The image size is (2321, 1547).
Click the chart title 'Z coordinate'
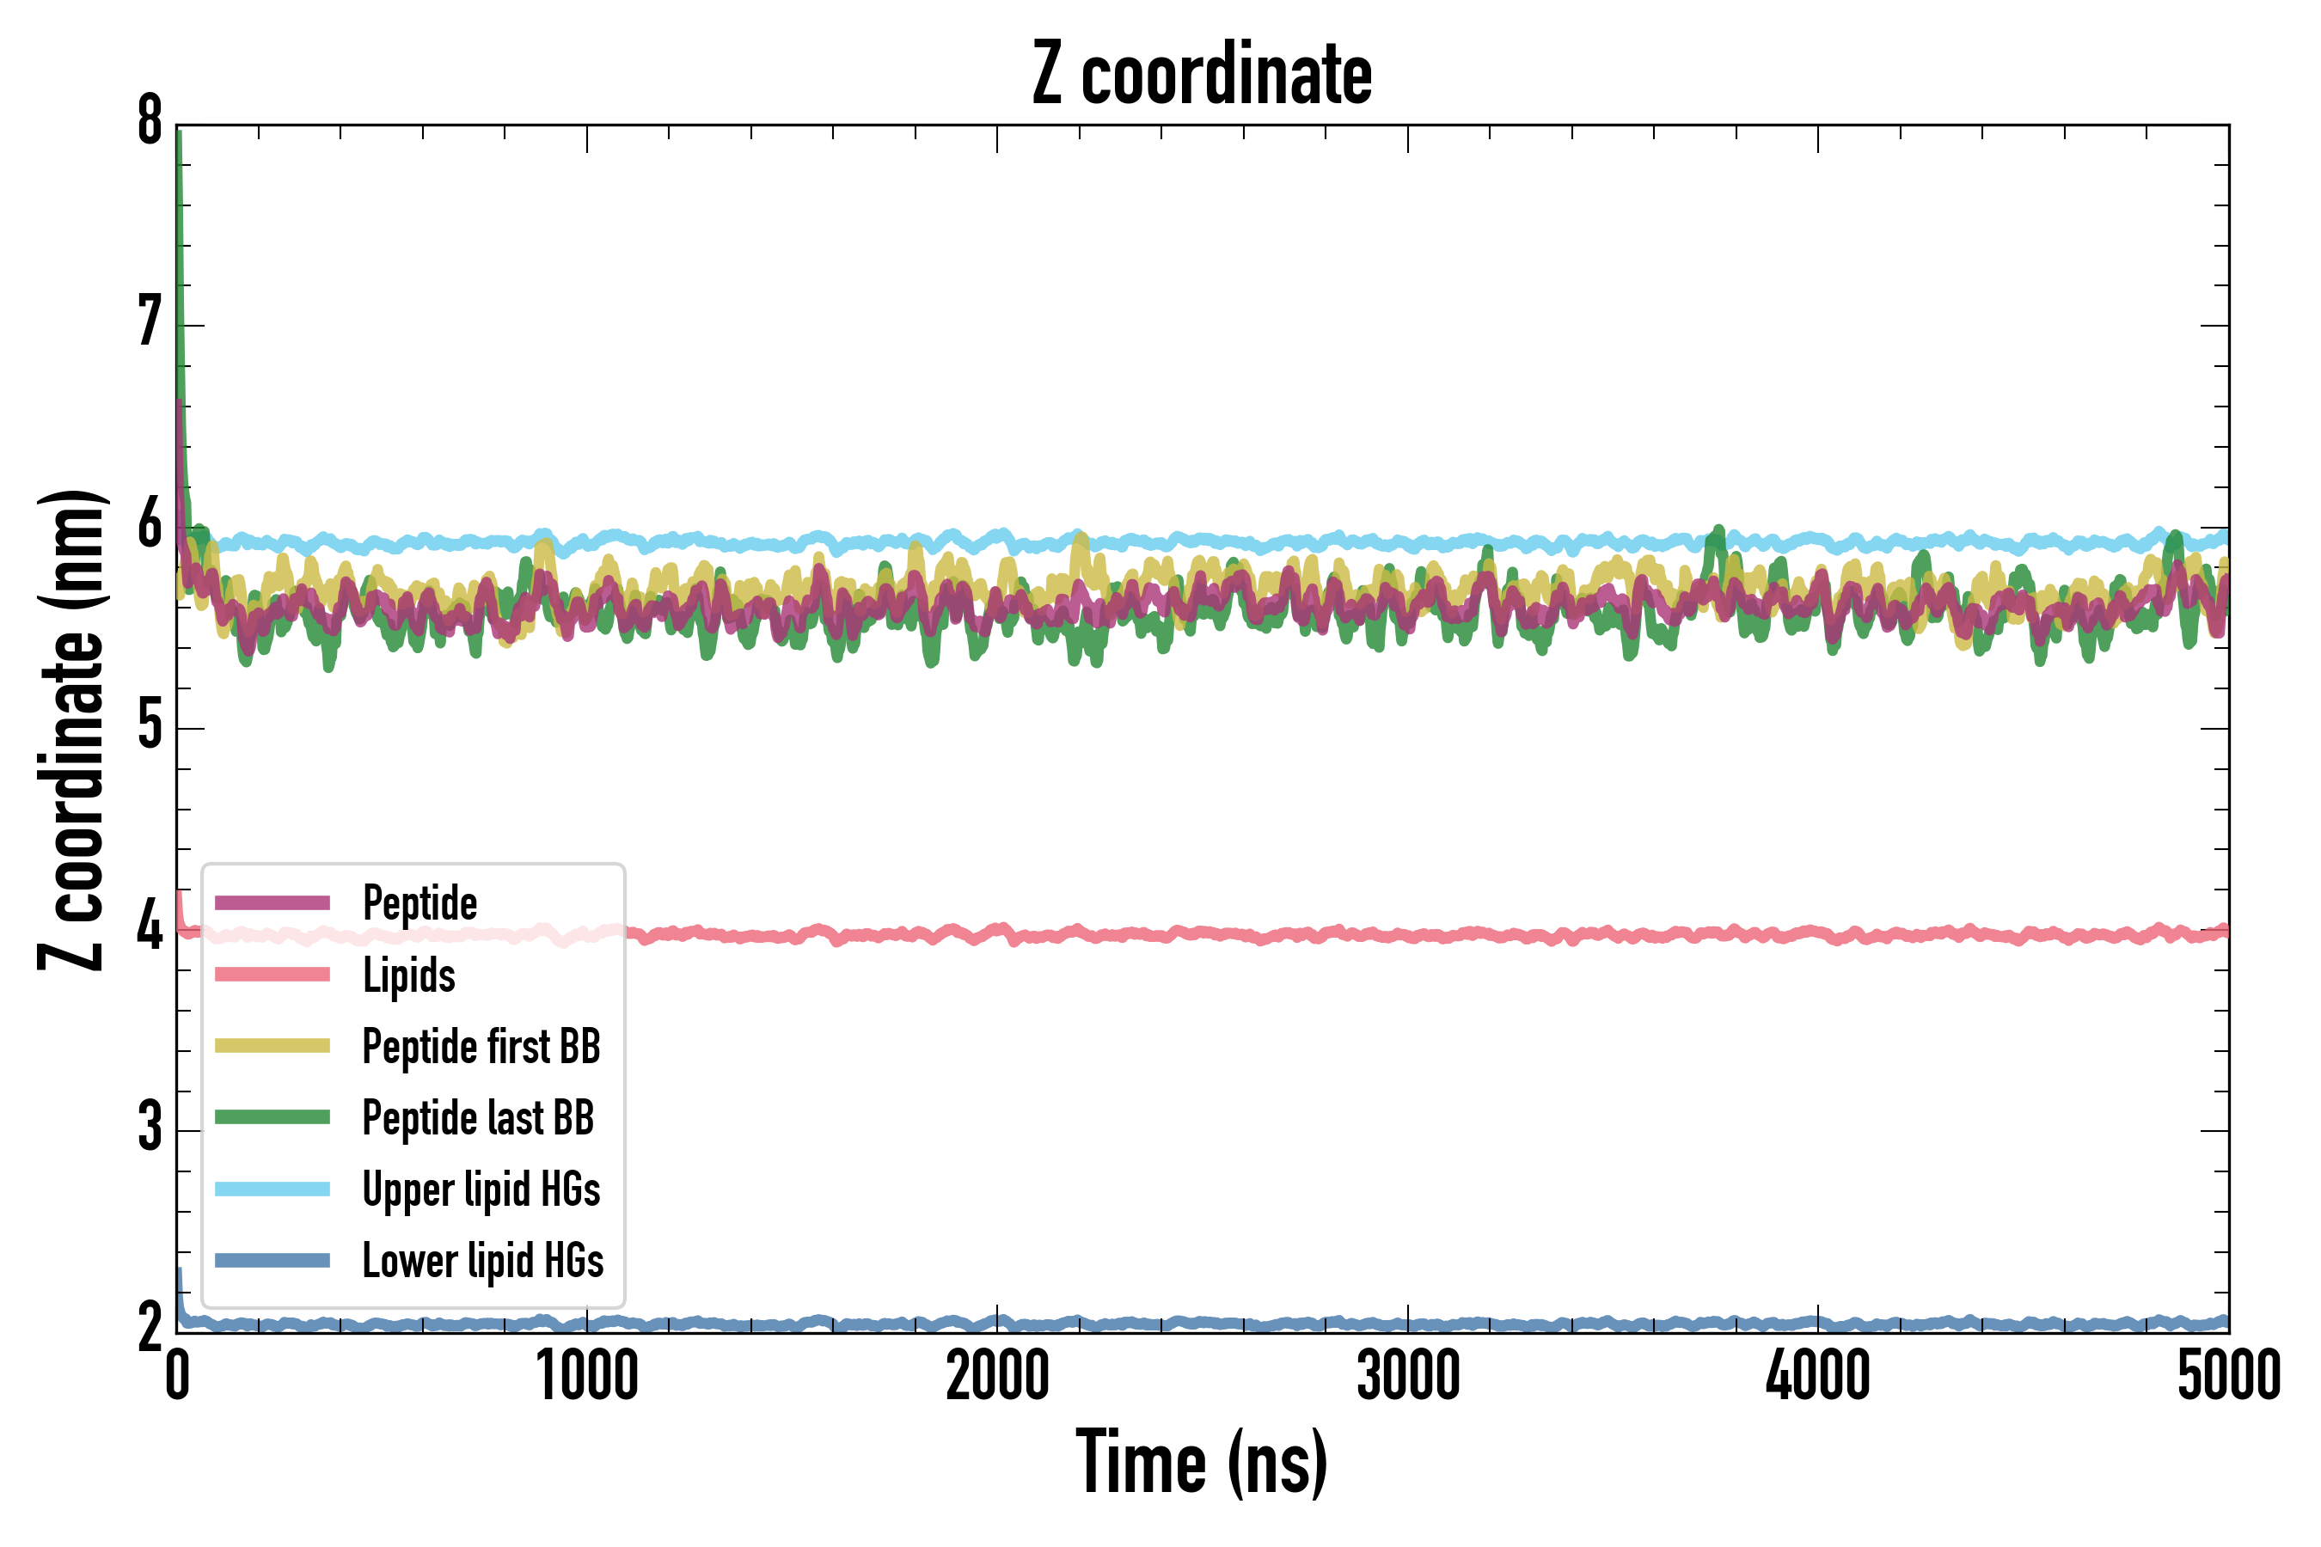(x=1201, y=75)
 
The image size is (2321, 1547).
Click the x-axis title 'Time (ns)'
(x=1201, y=1462)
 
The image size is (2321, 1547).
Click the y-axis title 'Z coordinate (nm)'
(x=71, y=729)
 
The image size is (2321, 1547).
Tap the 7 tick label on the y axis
(x=150, y=324)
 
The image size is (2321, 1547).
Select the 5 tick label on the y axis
(x=150, y=727)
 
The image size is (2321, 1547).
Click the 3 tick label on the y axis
(x=150, y=1129)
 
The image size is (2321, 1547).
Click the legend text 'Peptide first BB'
(x=481, y=1047)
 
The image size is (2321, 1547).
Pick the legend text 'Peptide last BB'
(x=478, y=1118)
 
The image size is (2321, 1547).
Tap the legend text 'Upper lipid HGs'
(x=481, y=1189)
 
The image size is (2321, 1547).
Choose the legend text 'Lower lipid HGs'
(x=482, y=1261)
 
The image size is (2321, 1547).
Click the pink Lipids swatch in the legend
(x=273, y=975)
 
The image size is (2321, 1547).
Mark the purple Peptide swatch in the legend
(x=273, y=902)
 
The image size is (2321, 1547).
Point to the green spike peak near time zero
(x=179, y=133)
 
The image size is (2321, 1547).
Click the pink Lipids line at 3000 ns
(x=1407, y=935)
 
